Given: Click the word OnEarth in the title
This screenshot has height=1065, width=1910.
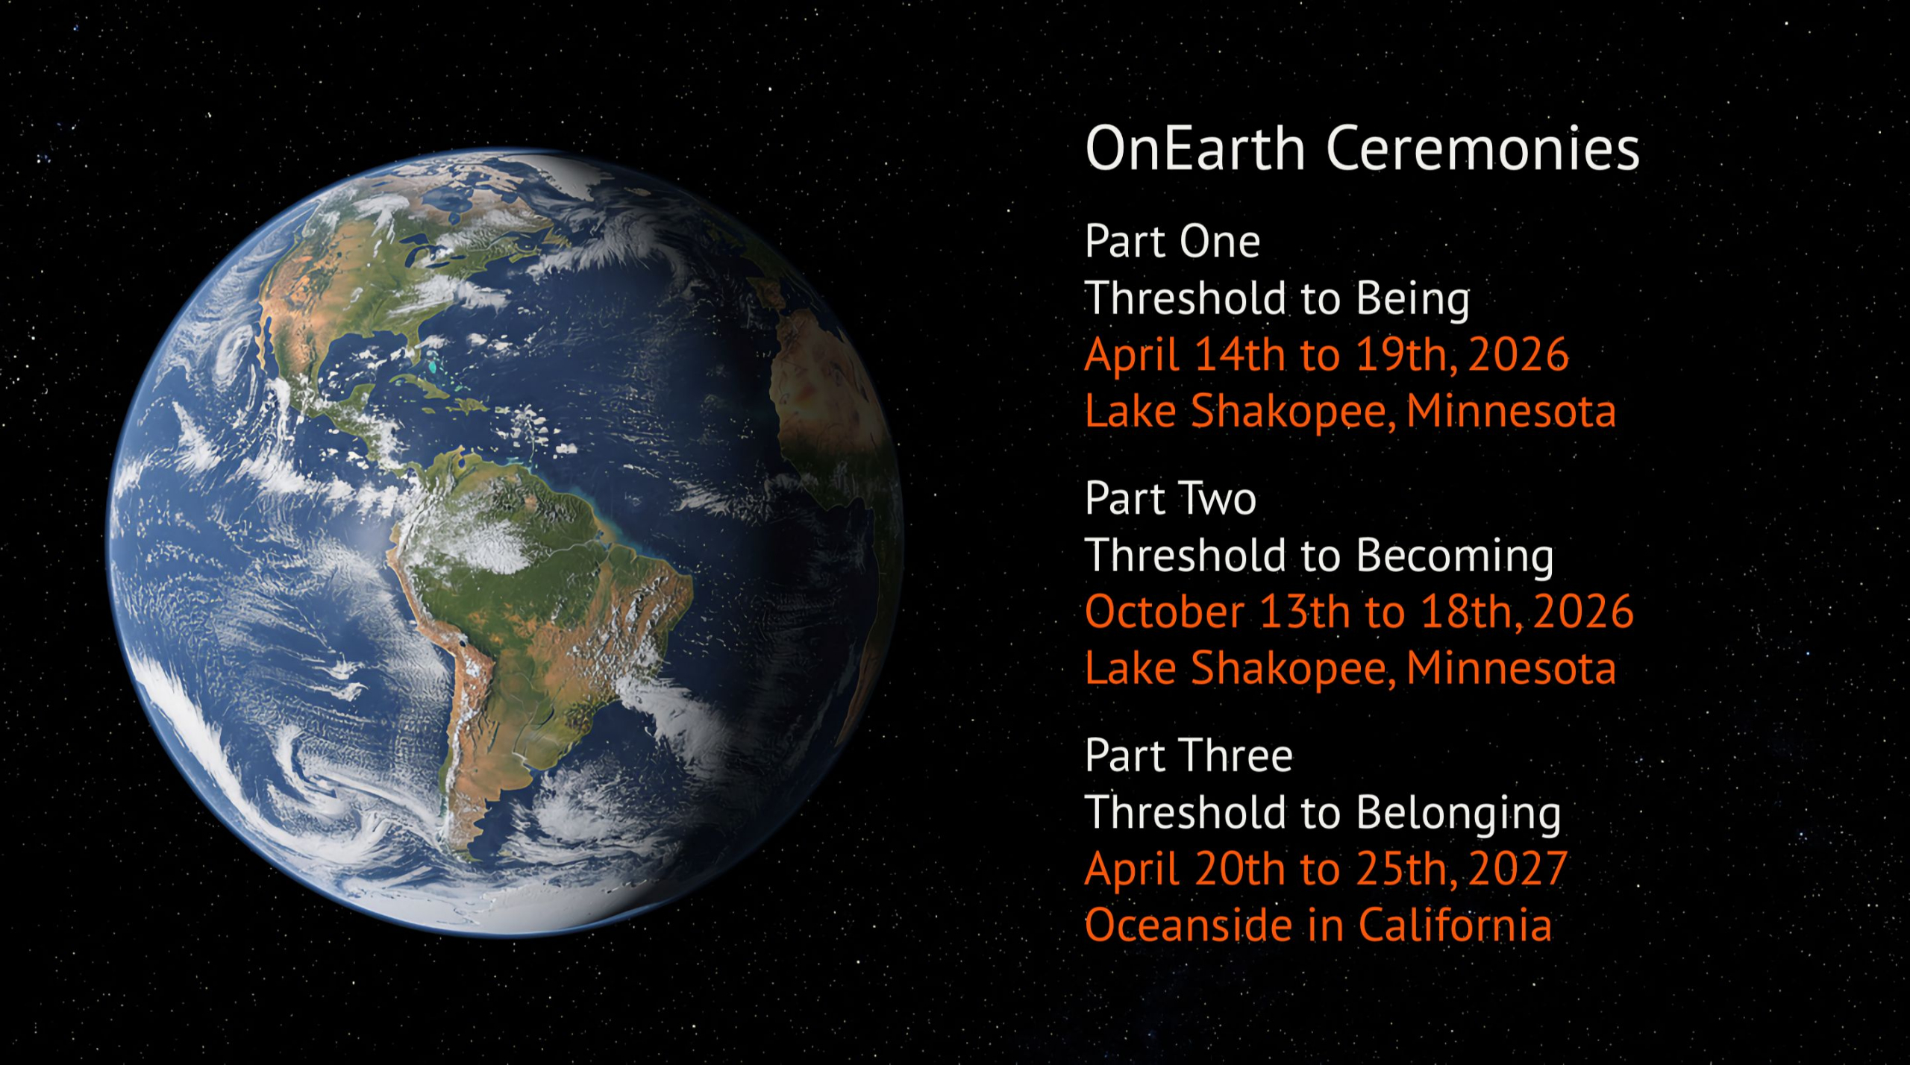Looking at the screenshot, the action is click(1195, 148).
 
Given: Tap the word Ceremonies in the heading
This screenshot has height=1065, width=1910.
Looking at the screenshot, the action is click(1483, 148).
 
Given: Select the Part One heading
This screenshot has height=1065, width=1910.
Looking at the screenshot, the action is click(1172, 241).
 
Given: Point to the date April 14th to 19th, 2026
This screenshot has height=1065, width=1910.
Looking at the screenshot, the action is click(1327, 354).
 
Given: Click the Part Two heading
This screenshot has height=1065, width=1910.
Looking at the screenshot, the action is click(1171, 498).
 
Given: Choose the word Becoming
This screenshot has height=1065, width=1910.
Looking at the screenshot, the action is click(1455, 557).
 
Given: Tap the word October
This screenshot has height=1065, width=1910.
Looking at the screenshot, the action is click(1165, 612).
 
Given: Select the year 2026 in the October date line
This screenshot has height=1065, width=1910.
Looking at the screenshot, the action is click(1583, 612).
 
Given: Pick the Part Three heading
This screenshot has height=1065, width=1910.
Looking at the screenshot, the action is click(1189, 755).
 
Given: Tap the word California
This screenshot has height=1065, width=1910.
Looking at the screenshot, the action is click(1455, 926).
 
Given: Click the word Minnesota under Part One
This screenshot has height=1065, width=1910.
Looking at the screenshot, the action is click(1511, 411).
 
